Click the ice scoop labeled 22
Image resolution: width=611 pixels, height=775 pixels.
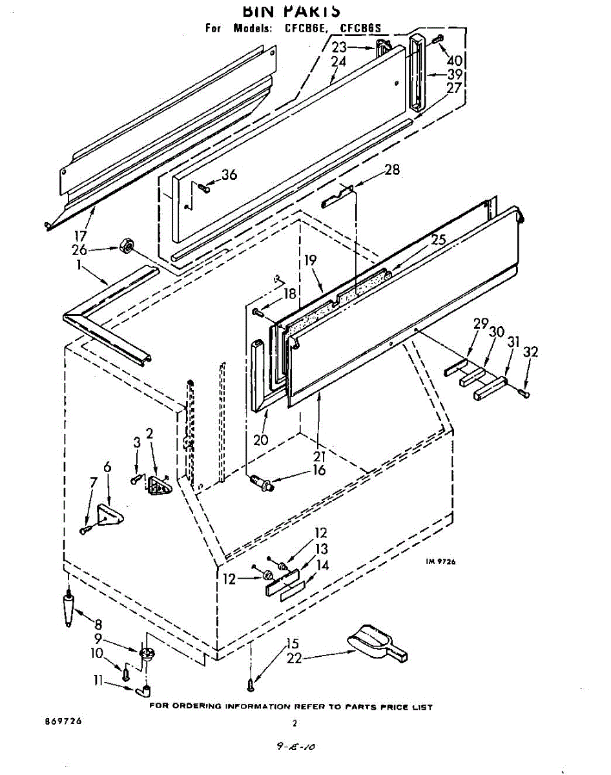pyautogui.click(x=378, y=643)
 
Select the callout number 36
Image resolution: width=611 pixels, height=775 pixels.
pyautogui.click(x=229, y=175)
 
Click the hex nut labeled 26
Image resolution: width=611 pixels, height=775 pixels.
pyautogui.click(x=127, y=245)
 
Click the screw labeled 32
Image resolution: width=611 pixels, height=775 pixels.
pyautogui.click(x=524, y=391)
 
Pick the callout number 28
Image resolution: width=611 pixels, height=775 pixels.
pyautogui.click(x=391, y=170)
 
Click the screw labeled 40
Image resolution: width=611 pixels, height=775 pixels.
pyautogui.click(x=439, y=38)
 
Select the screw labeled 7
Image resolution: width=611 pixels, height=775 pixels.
pyautogui.click(x=85, y=530)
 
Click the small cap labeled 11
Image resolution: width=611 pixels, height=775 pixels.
pyautogui.click(x=145, y=692)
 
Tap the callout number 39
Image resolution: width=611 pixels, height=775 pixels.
pyautogui.click(x=454, y=74)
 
